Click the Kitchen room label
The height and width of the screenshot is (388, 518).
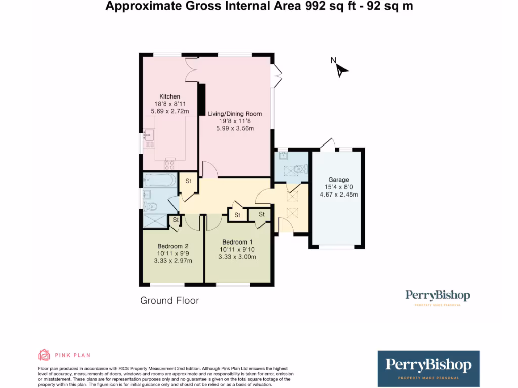169,96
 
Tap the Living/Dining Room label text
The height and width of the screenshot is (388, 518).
235,114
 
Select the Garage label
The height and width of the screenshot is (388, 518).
338,180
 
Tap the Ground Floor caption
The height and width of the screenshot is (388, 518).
169,301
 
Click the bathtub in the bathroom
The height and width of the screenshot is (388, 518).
159,180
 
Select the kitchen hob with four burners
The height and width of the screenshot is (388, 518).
169,164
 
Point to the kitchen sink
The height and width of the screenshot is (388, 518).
149,135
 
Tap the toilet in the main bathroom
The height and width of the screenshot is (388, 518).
150,206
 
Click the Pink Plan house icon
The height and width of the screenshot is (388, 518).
45,355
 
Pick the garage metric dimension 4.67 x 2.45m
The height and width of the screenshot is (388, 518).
338,195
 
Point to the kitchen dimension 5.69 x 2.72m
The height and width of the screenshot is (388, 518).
169,111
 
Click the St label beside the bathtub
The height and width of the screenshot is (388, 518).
188,181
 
